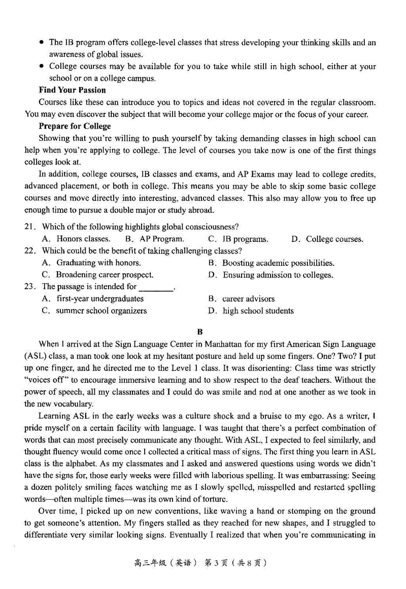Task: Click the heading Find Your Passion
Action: (x=72, y=90)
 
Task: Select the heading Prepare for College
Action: (x=75, y=126)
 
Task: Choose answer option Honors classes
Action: (x=83, y=239)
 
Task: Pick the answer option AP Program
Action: (x=161, y=239)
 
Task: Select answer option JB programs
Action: (x=246, y=239)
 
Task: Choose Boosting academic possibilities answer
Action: (x=278, y=263)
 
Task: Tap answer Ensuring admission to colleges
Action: (x=278, y=275)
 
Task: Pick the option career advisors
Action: (x=248, y=299)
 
